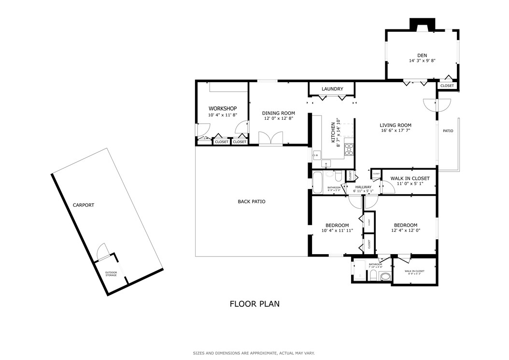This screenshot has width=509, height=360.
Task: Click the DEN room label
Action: (423, 56)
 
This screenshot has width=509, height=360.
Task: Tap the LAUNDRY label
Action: (332, 89)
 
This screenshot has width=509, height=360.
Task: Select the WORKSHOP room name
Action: (222, 108)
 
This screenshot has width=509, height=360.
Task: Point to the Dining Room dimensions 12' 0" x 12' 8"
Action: (278, 118)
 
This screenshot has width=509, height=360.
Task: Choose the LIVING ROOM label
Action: (395, 125)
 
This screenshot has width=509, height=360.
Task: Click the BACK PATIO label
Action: (251, 202)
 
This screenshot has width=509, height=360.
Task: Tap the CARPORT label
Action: (84, 205)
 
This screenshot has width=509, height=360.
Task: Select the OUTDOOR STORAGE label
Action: (111, 274)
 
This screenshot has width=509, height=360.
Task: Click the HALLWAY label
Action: (363, 187)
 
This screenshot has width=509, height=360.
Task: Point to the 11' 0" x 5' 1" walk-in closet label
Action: (409, 184)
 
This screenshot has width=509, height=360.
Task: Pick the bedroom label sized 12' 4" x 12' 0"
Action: (405, 225)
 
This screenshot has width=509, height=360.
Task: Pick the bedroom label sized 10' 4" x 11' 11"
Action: (337, 225)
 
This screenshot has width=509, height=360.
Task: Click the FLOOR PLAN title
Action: (254, 304)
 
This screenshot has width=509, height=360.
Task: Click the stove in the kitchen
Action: (349, 149)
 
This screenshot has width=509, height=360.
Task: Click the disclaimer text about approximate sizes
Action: (254, 353)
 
